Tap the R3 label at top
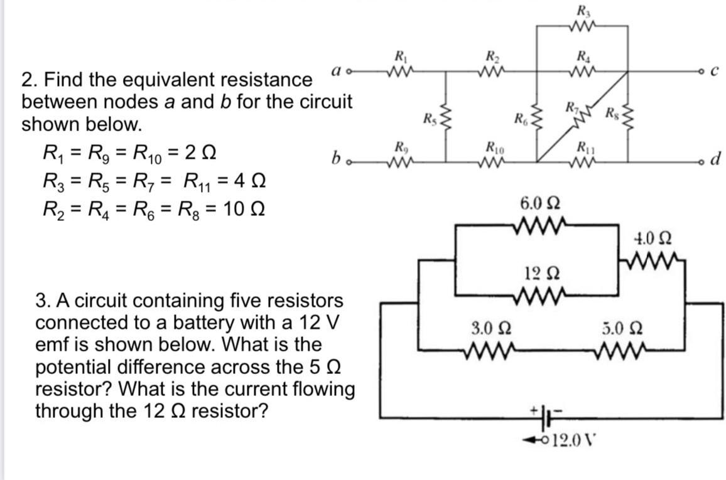tap(582, 10)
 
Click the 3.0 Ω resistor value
tap(485, 328)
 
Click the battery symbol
tap(542, 415)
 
